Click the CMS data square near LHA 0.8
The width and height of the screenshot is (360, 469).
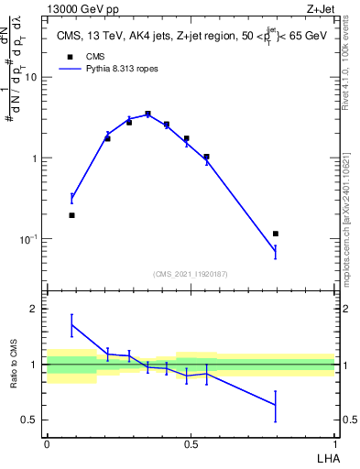[x=276, y=234]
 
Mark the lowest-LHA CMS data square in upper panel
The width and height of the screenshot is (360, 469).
[x=71, y=215]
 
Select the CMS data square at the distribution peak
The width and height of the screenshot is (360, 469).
[x=147, y=114]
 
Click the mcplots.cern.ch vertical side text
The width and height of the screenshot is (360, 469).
[x=344, y=220]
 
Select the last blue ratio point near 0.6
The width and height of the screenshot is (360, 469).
[x=276, y=405]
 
